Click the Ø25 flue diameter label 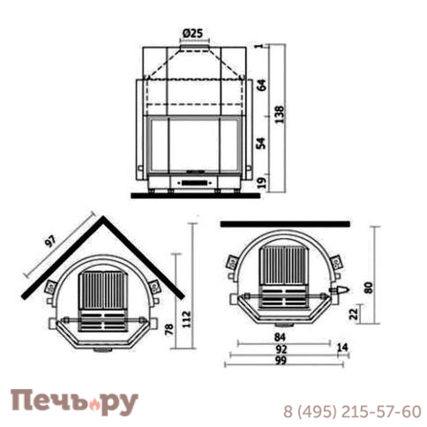click(192, 34)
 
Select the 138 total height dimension click(281, 114)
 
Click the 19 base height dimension click(262, 183)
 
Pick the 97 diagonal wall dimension click(50, 242)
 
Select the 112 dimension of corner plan click(186, 319)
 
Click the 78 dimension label click(169, 329)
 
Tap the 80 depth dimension click(369, 288)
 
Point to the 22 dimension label click(355, 313)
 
